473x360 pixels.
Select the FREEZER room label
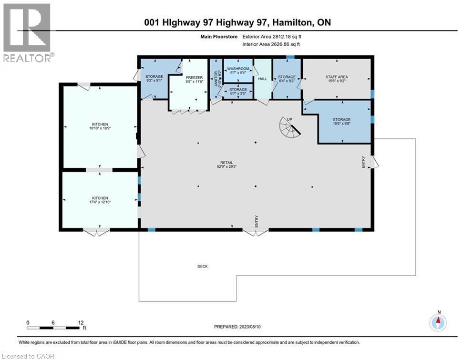point(195,77)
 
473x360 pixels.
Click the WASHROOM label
point(238,68)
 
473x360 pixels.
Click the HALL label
point(262,79)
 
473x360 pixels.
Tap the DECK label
point(202,266)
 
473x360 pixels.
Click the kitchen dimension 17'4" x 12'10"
point(100,203)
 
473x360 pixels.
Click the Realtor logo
point(28,32)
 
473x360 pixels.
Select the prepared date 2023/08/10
point(236,327)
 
